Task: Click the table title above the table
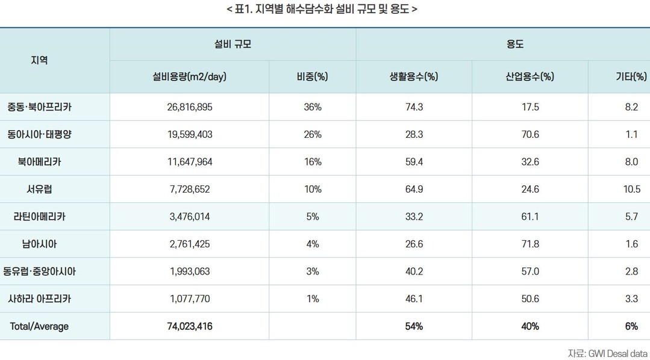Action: point(322,10)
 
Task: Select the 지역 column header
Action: point(39,60)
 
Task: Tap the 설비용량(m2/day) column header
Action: point(190,76)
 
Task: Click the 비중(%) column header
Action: point(312,76)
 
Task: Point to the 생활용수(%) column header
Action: point(414,76)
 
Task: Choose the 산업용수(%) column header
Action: point(530,76)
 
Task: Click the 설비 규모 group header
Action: point(233,44)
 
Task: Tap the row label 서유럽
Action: point(39,189)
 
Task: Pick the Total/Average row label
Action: point(39,326)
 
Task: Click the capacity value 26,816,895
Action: point(190,107)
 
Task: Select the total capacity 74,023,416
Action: point(190,326)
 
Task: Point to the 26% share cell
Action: point(313,134)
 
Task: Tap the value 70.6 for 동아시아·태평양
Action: point(530,134)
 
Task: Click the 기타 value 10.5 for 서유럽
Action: point(631,189)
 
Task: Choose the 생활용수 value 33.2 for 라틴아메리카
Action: point(414,217)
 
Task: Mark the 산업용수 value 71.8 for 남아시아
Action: point(530,244)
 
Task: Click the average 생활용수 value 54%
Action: point(414,326)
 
